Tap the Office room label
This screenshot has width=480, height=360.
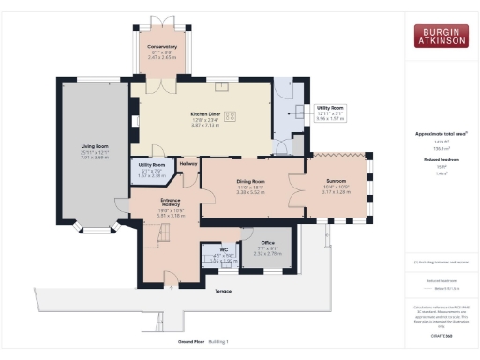(267, 241)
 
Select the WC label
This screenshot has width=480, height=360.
(223, 249)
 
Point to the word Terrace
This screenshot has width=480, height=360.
(222, 292)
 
